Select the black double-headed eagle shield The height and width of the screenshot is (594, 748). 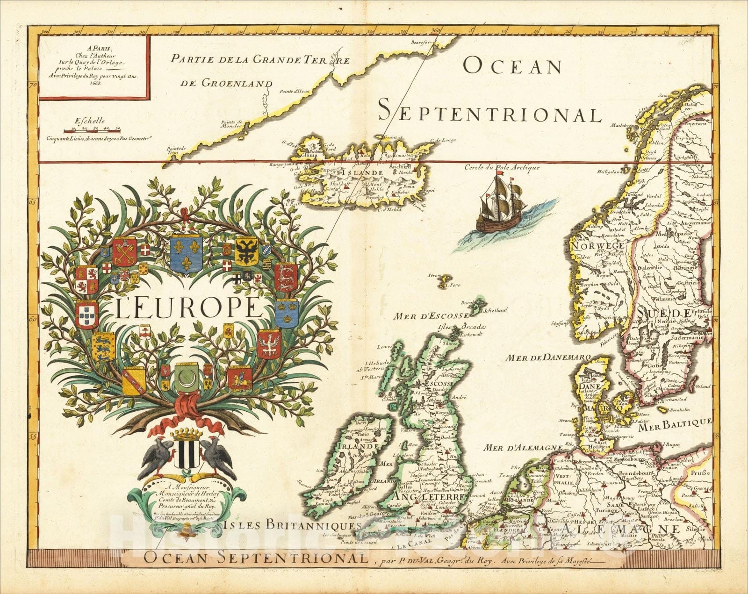click(x=246, y=251)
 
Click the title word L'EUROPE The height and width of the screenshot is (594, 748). click(x=187, y=308)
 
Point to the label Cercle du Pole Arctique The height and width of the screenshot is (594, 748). click(x=502, y=167)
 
